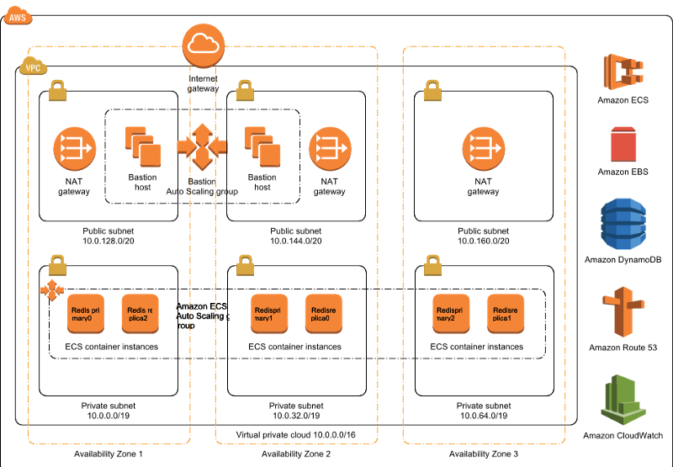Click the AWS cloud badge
[x=18, y=15]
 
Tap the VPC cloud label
[x=33, y=66]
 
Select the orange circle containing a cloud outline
[x=204, y=45]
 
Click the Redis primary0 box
[x=86, y=314]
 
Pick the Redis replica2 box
[x=140, y=314]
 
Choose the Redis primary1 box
[x=269, y=314]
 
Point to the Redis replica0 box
[x=324, y=314]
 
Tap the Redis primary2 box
[x=451, y=314]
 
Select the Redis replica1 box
[x=506, y=314]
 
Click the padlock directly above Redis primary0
[x=57, y=265]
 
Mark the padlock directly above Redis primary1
[x=245, y=265]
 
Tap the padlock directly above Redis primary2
[x=432, y=265]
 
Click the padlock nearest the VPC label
[x=57, y=90]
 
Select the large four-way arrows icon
[x=202, y=146]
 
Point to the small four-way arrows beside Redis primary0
[x=52, y=290]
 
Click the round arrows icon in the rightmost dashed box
[x=484, y=149]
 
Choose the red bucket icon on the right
[x=623, y=144]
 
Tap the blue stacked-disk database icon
[x=623, y=224]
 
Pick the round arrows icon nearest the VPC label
[x=75, y=149]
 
